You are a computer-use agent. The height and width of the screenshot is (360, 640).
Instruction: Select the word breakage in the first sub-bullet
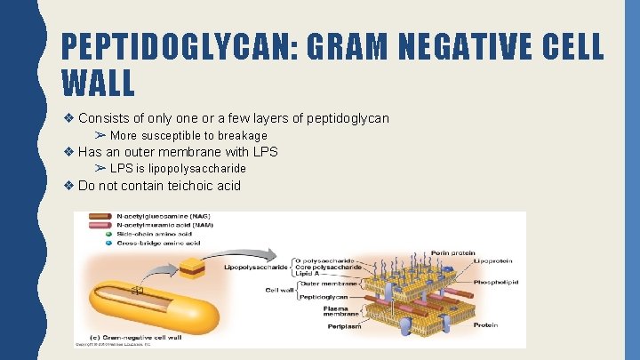(236, 136)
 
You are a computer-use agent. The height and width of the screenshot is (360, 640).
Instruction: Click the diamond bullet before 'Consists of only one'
(69, 118)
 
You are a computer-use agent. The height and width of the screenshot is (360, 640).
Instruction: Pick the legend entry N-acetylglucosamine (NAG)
(157, 216)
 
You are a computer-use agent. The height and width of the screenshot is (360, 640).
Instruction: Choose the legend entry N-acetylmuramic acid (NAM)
(156, 225)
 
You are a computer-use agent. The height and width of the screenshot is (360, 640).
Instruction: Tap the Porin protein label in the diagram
(452, 252)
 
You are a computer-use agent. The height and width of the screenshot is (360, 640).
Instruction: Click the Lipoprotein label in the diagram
(495, 261)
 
